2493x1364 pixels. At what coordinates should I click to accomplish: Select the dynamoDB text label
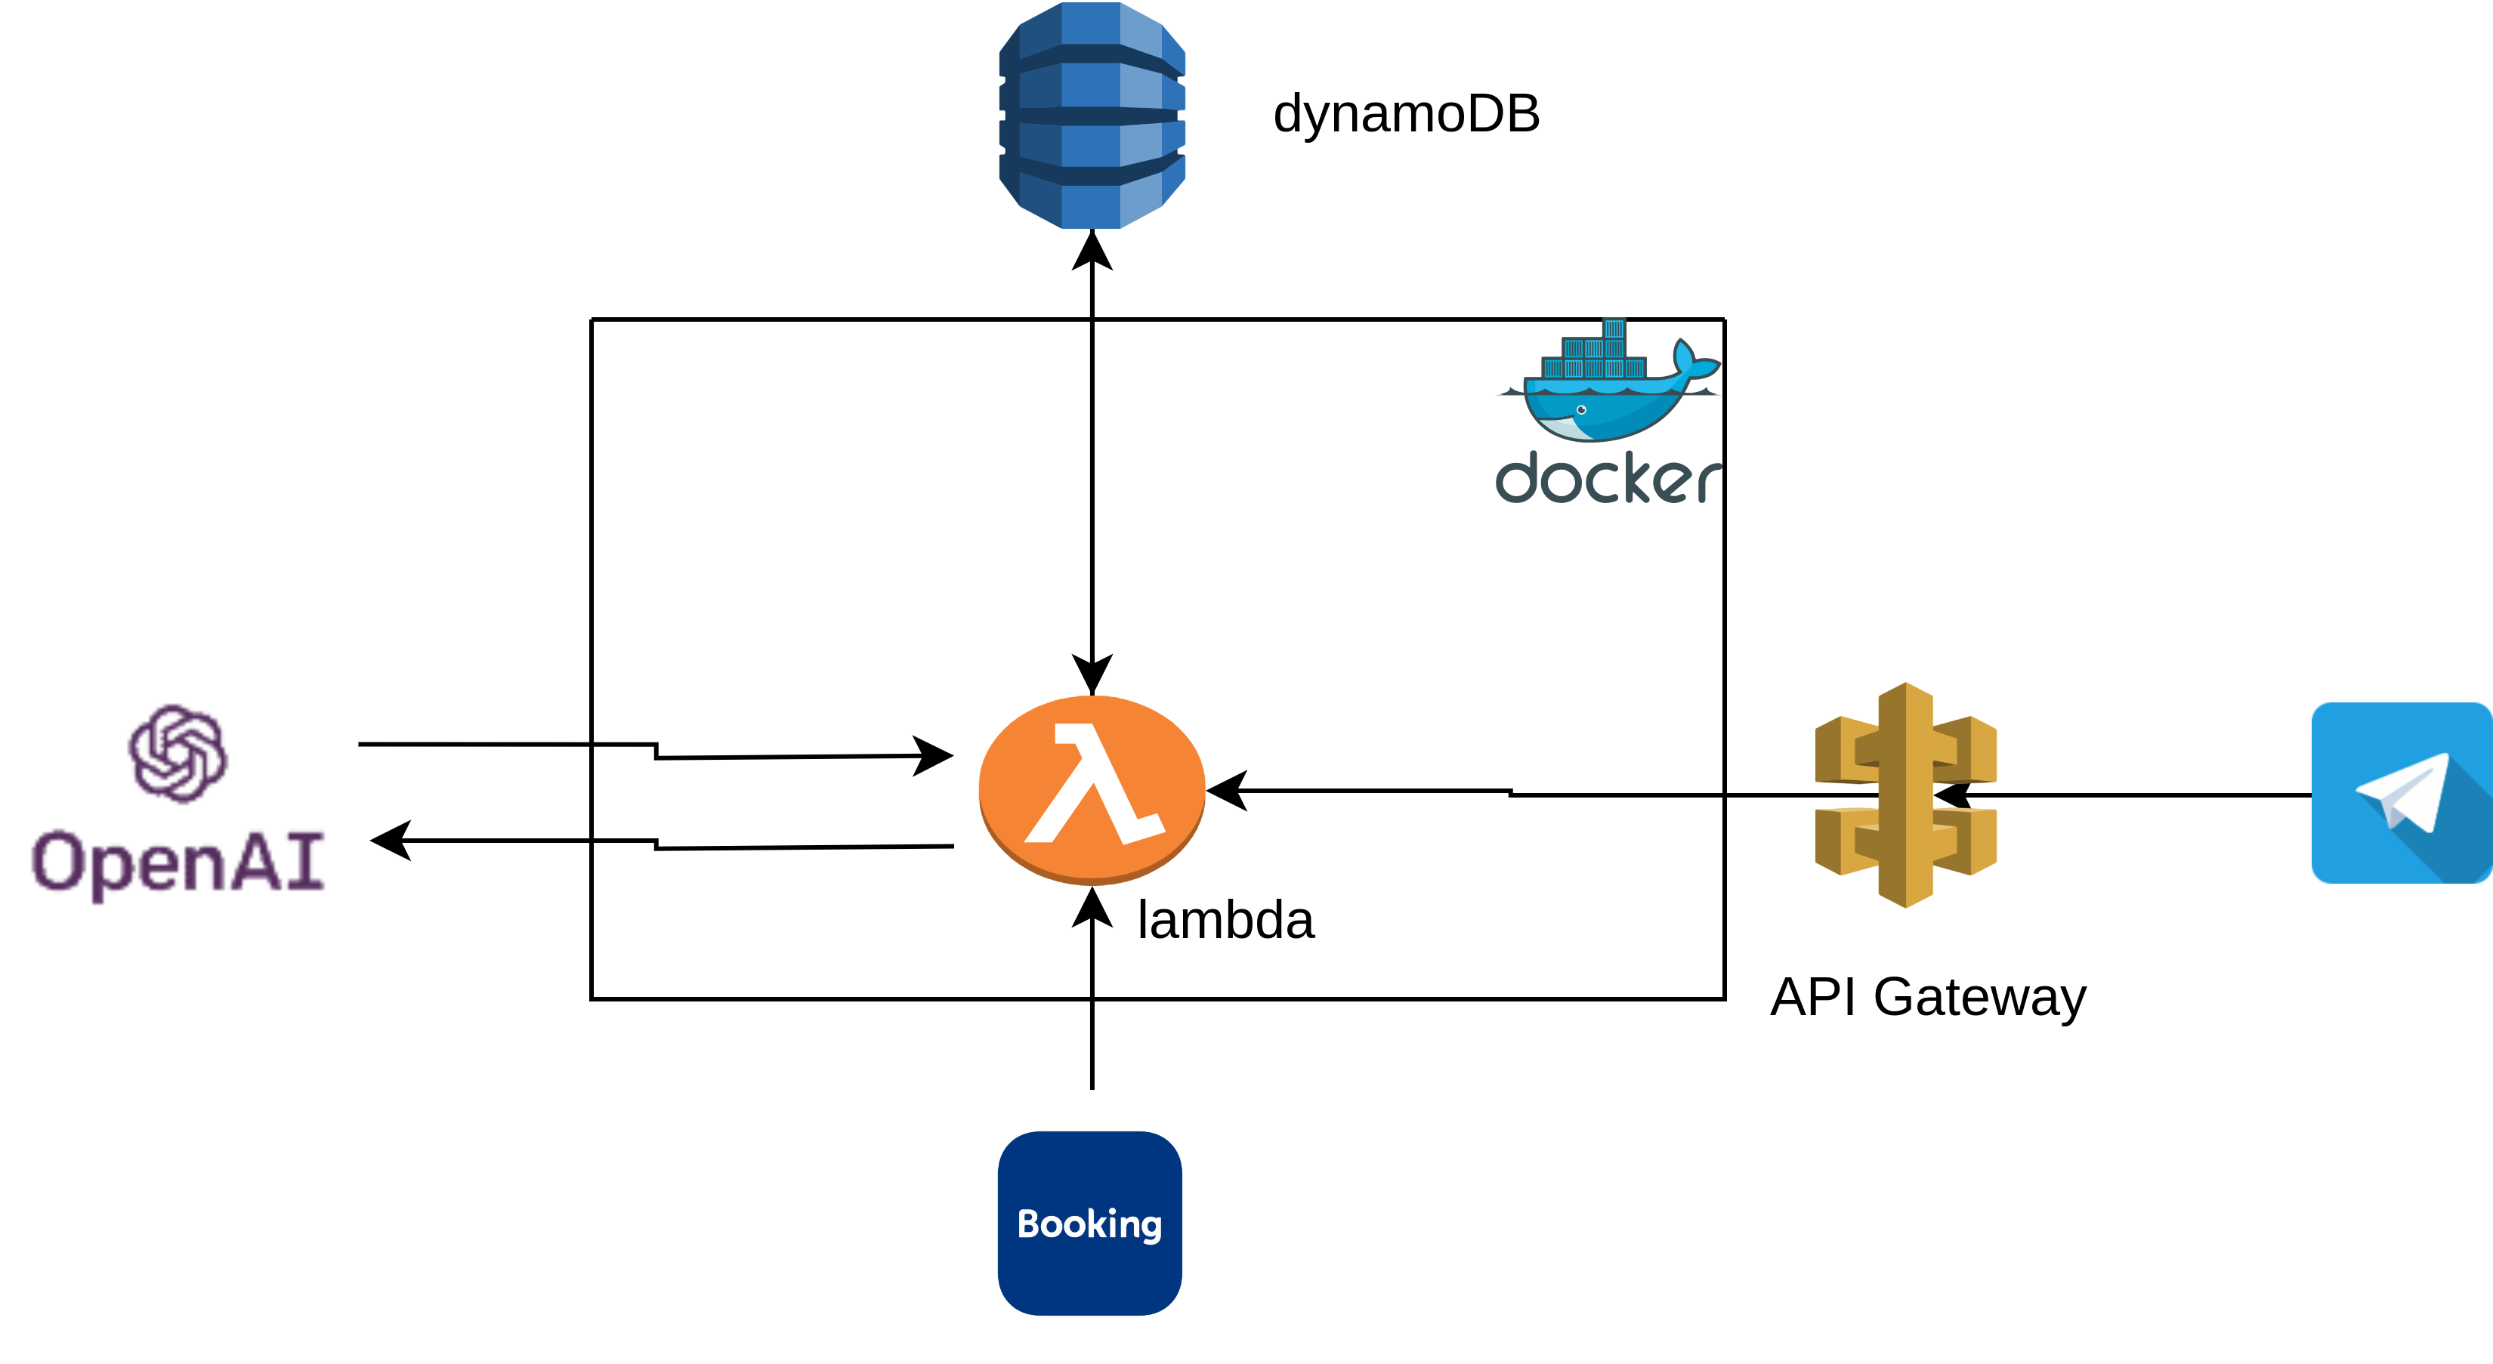[x=1405, y=114]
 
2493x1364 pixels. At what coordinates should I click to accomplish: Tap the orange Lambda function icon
[x=1092, y=788]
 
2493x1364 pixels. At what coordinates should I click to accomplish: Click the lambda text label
[x=1225, y=920]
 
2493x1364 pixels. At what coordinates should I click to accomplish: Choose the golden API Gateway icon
[x=1905, y=795]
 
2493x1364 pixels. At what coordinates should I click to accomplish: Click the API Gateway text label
[x=1928, y=998]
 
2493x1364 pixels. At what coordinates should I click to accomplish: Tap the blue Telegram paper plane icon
[x=2401, y=793]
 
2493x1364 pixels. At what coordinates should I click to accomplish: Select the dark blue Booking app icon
[x=1089, y=1223]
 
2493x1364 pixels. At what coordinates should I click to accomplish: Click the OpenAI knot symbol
[x=178, y=754]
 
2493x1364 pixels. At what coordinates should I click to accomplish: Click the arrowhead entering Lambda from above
[x=1092, y=673]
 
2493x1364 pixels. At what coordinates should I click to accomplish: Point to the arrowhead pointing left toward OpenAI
[x=392, y=840]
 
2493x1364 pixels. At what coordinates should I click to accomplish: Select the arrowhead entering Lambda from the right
[x=1227, y=790]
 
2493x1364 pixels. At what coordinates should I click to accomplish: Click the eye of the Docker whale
[x=1581, y=410]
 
